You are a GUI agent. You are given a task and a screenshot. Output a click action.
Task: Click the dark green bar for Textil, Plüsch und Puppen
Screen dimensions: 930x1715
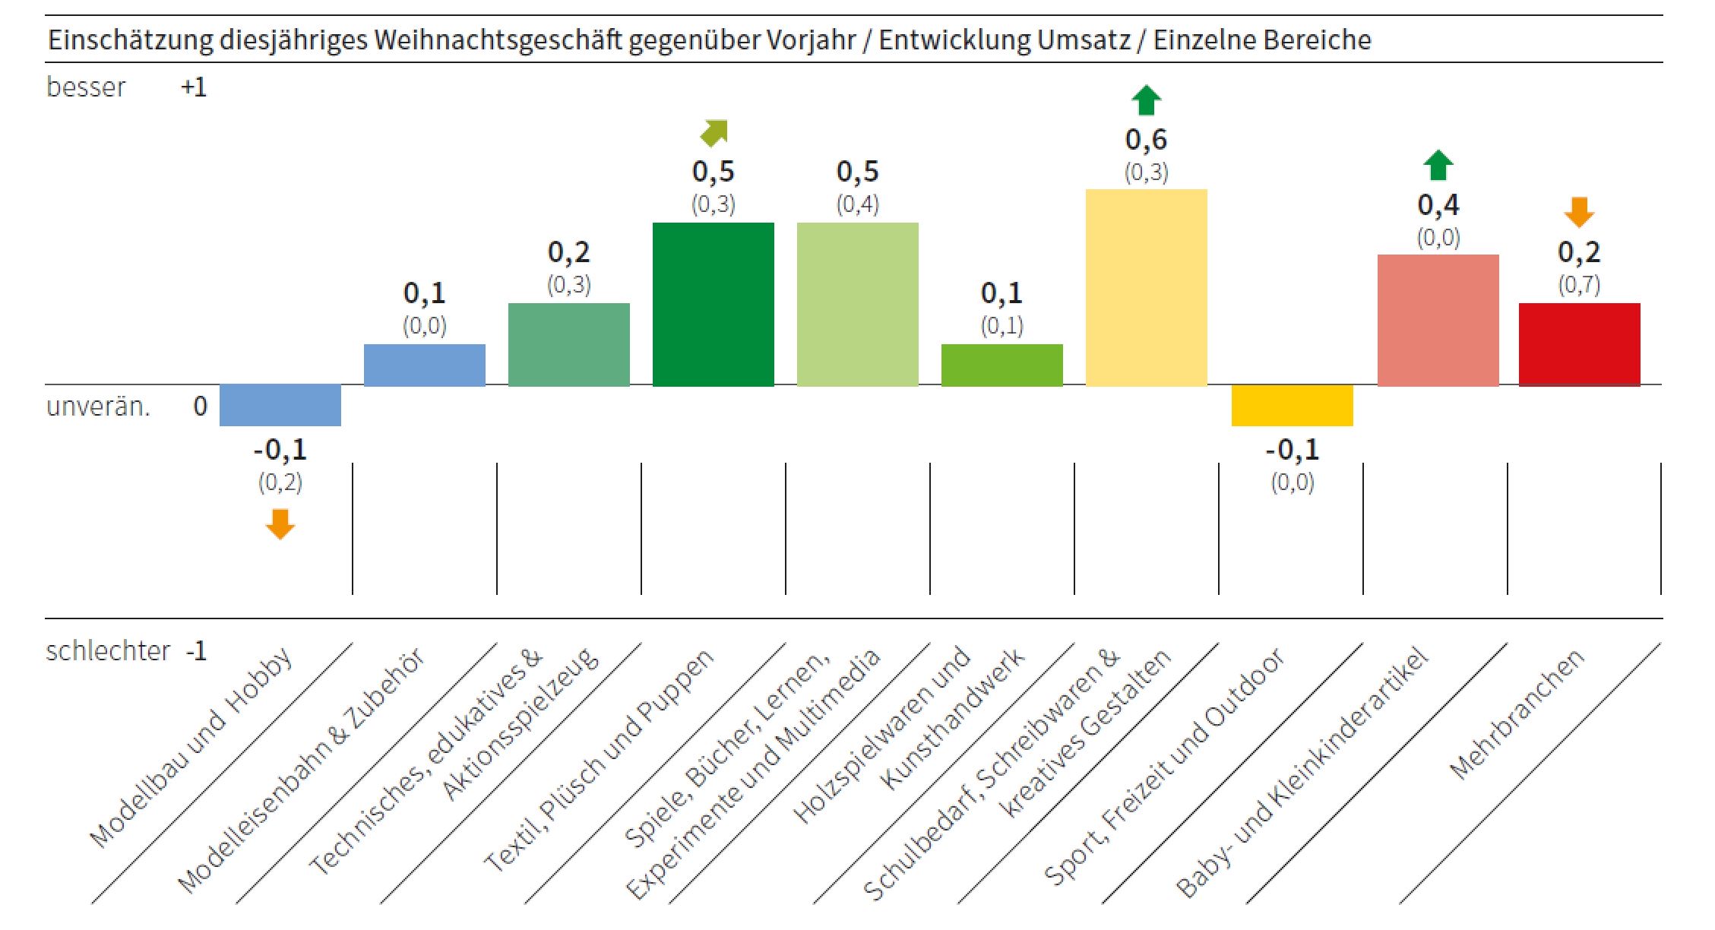coord(713,304)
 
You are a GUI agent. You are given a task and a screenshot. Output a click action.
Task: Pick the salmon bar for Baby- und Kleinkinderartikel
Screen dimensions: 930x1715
coord(1438,320)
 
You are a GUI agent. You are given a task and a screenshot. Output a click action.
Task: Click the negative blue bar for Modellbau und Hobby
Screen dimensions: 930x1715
coord(280,405)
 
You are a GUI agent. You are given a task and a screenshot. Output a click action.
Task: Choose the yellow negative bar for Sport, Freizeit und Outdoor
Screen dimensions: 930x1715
coord(1292,405)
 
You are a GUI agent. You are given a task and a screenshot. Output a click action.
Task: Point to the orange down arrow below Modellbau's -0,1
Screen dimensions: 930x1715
coord(280,524)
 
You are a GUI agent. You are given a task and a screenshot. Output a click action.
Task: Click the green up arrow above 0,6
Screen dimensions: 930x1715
coord(1146,100)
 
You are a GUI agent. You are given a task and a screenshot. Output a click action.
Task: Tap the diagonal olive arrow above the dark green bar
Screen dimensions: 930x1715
coord(714,132)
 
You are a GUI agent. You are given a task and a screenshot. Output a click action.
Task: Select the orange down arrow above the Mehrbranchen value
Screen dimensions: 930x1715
coord(1579,212)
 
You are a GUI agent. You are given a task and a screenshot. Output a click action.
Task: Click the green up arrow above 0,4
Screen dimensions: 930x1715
coord(1438,165)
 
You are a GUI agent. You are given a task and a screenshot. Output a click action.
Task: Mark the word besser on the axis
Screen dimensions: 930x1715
coord(86,87)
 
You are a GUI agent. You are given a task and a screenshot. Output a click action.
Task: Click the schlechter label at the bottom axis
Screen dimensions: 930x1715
coord(108,651)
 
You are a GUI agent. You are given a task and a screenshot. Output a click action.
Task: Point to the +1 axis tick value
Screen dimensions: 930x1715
coord(194,87)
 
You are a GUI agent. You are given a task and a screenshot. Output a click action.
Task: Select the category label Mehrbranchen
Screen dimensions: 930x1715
coord(1517,714)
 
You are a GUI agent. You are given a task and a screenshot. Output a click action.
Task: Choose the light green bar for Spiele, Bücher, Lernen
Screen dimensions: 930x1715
coord(857,304)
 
